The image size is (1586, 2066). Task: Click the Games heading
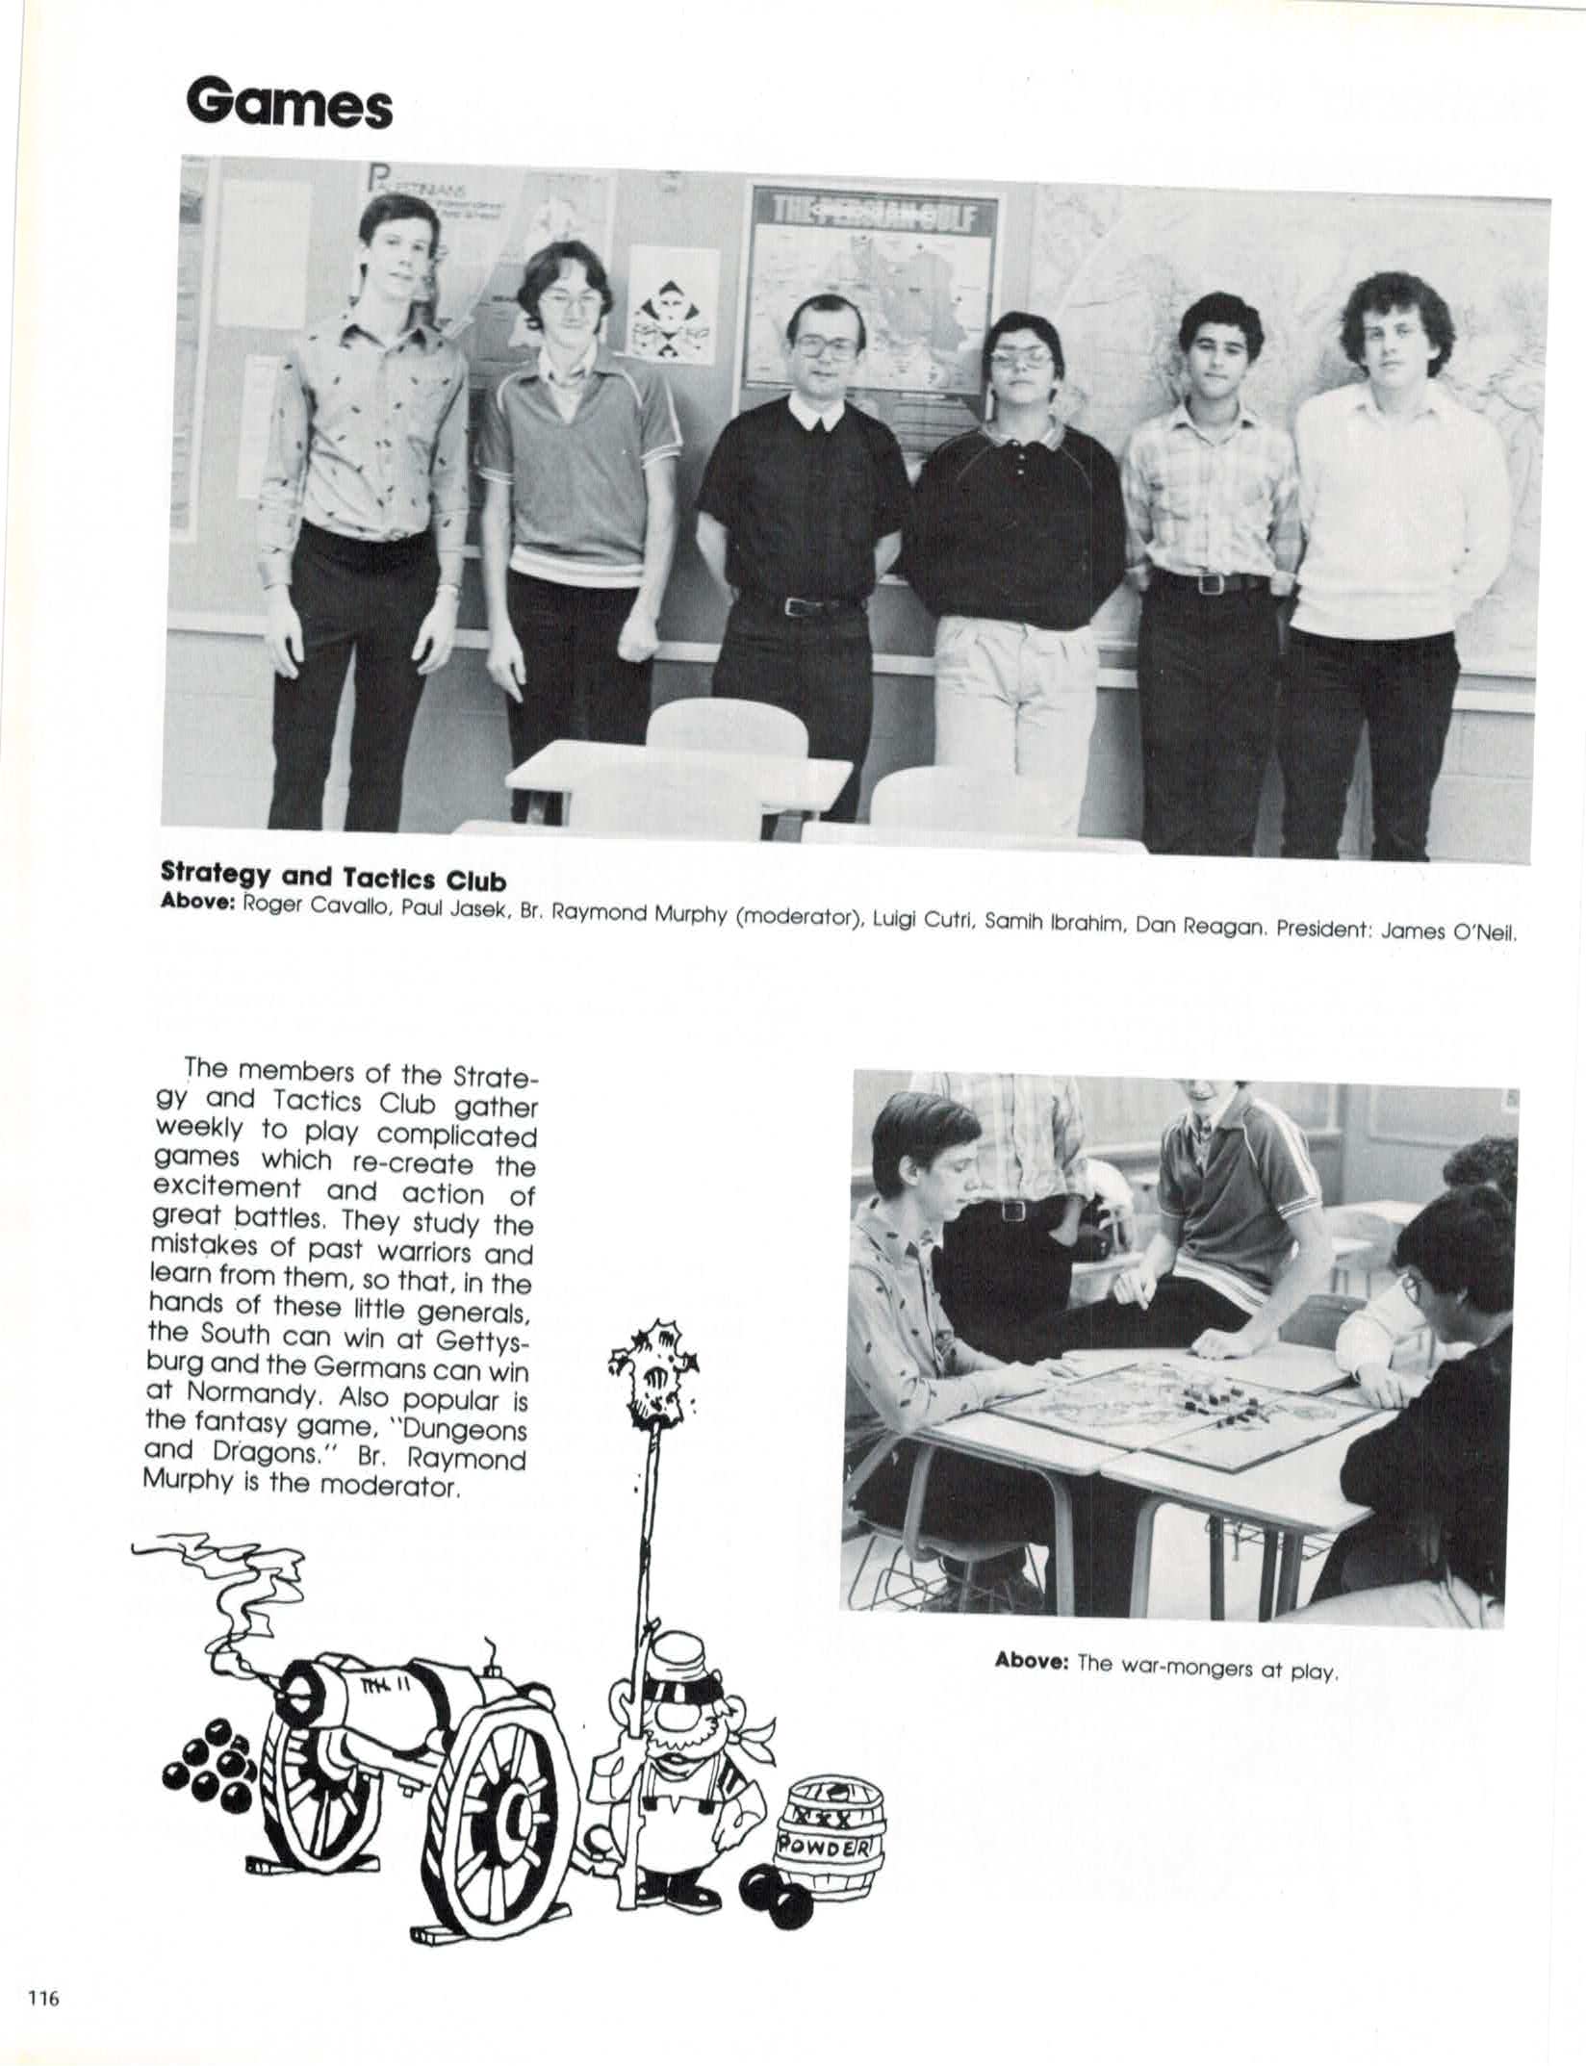(290, 105)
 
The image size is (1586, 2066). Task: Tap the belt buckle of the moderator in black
(798, 606)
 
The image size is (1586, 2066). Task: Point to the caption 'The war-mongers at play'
(1166, 1664)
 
